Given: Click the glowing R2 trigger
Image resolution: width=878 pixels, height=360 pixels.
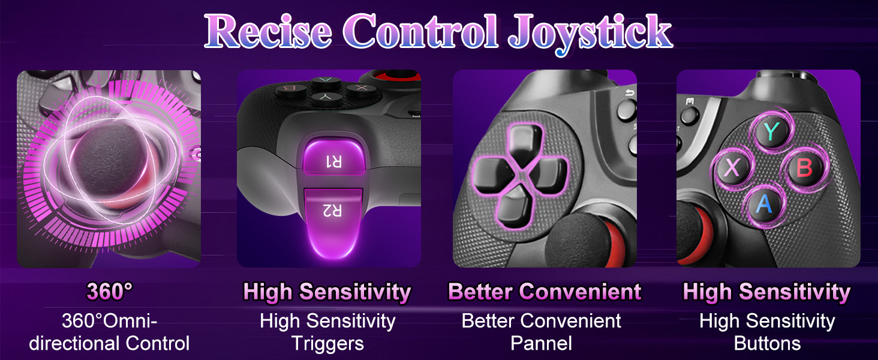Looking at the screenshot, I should (333, 225).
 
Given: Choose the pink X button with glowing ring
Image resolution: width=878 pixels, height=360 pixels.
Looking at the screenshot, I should (732, 169).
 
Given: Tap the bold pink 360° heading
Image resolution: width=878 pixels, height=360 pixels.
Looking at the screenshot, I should (109, 292).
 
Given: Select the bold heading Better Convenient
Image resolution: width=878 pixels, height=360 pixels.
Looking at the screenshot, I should (545, 292).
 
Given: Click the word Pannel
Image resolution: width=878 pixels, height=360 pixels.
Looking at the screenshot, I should (541, 343).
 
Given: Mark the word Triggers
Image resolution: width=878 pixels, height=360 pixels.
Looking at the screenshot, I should (327, 343).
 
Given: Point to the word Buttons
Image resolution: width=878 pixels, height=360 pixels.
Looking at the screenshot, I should (767, 343).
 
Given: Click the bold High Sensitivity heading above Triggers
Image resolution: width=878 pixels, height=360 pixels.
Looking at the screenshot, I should (327, 292).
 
